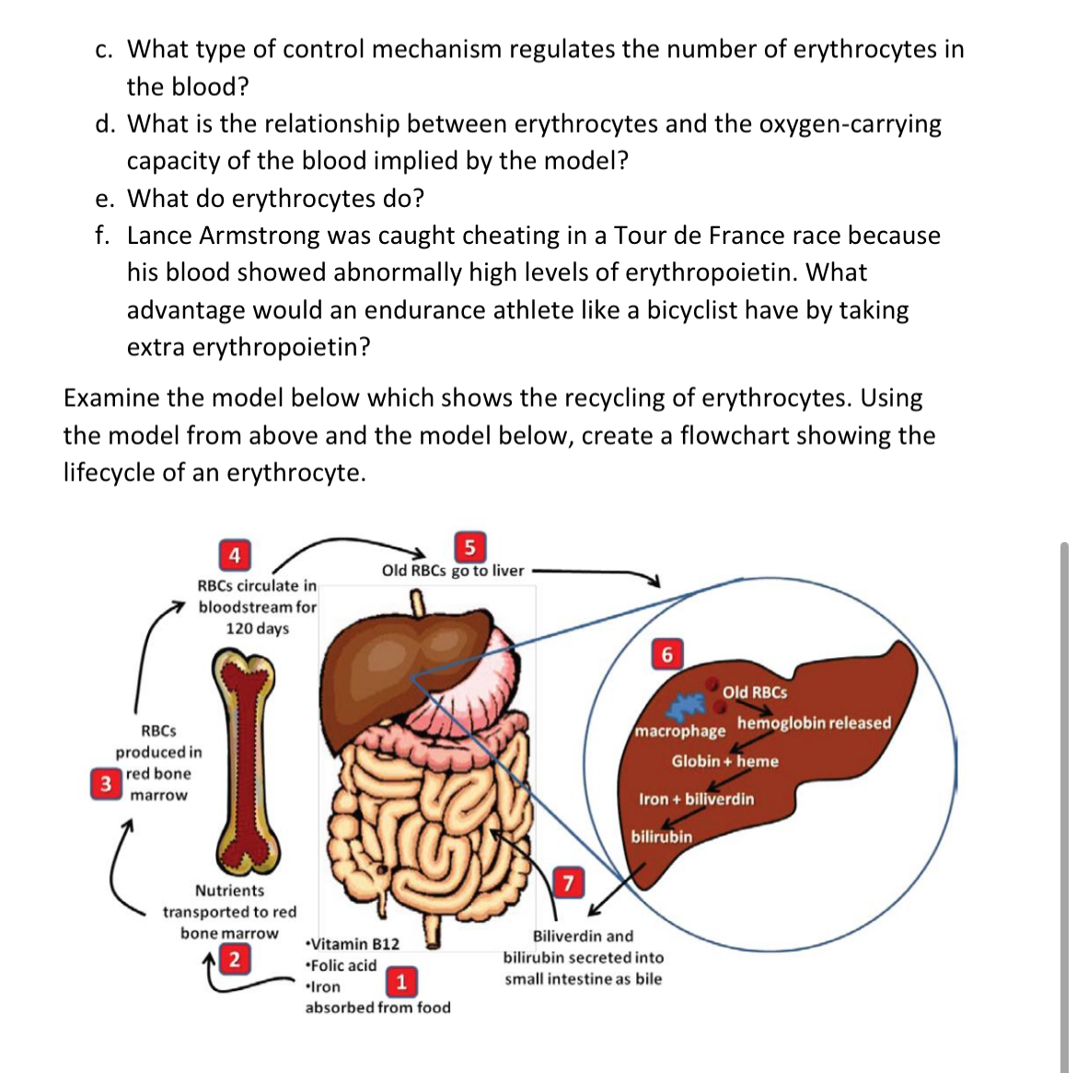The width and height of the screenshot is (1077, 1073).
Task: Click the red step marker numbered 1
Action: tap(400, 981)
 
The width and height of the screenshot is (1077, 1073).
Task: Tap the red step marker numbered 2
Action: tap(235, 959)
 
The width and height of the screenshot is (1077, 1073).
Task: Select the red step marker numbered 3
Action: tap(107, 784)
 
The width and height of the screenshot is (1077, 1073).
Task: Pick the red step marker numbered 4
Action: tap(235, 555)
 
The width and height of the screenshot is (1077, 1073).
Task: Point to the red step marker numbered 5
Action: tap(469, 548)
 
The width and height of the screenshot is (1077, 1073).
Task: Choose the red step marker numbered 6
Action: tap(667, 654)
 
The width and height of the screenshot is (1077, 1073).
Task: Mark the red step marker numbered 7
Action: tap(568, 883)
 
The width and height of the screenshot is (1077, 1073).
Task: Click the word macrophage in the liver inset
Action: tap(680, 731)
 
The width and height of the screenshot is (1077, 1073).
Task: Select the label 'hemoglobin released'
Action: tap(814, 722)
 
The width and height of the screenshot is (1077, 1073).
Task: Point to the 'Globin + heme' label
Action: tap(724, 761)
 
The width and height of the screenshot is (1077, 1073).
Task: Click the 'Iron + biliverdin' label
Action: tap(696, 799)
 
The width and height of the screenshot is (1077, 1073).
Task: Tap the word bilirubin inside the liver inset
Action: tap(661, 836)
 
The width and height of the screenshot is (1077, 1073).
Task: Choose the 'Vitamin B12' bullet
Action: tap(354, 944)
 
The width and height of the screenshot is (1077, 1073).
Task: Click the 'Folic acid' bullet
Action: tap(342, 965)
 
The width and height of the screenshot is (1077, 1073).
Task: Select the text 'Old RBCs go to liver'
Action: tap(453, 571)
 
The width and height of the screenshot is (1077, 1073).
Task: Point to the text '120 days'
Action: tap(258, 629)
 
